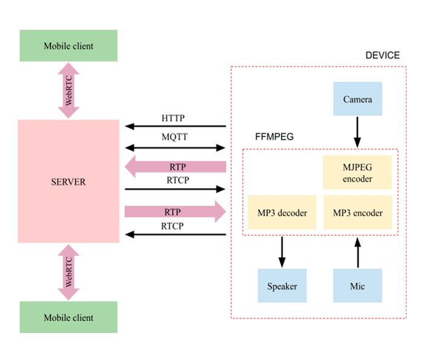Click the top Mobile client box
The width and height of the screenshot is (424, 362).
68,45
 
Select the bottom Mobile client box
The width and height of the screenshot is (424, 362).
68,317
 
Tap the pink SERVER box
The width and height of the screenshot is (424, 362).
68,181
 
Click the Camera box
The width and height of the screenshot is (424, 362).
357,99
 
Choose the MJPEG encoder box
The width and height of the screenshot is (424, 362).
357,172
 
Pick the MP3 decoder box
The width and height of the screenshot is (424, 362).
282,212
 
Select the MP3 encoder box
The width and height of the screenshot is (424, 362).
357,212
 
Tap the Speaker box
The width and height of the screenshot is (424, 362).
282,286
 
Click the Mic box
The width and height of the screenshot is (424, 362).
357,286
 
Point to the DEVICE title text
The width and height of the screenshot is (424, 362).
382,56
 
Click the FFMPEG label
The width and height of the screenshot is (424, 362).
274,137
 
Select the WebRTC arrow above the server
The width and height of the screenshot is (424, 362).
68,90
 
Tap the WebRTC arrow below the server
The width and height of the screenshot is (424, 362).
68,272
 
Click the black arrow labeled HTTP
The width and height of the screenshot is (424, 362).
175,127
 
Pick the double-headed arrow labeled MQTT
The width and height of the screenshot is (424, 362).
175,147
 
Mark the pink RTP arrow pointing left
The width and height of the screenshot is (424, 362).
175,167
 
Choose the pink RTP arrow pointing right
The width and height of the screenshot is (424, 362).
175,212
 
